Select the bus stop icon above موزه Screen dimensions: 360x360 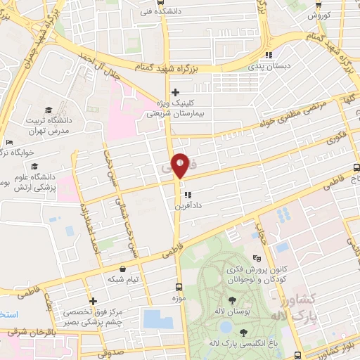tap(179, 288)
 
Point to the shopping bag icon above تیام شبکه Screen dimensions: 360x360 tap(123, 269)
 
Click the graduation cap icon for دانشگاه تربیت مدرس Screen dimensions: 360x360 tap(48, 110)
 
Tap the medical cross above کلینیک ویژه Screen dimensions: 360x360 tap(175, 92)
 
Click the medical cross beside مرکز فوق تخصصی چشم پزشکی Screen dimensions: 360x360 tap(93, 301)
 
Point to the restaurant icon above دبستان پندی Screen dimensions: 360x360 tap(268, 56)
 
